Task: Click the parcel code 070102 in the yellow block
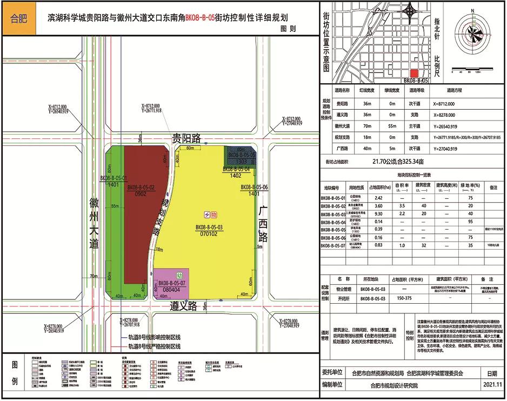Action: point(209,234)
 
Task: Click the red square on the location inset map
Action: point(415,73)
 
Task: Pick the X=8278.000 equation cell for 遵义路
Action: point(444,115)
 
